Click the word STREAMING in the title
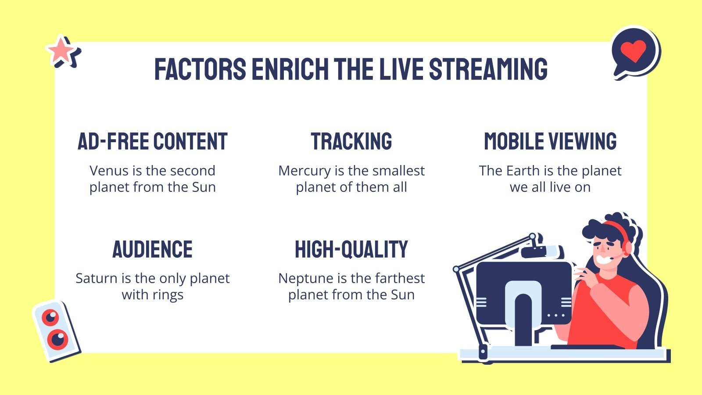coord(488,69)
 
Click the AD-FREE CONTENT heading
coord(152,141)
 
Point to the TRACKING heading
coord(351,141)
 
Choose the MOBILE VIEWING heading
coord(550,141)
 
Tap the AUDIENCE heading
coord(152,249)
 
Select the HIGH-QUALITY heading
coord(351,249)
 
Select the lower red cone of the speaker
coord(57,339)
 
